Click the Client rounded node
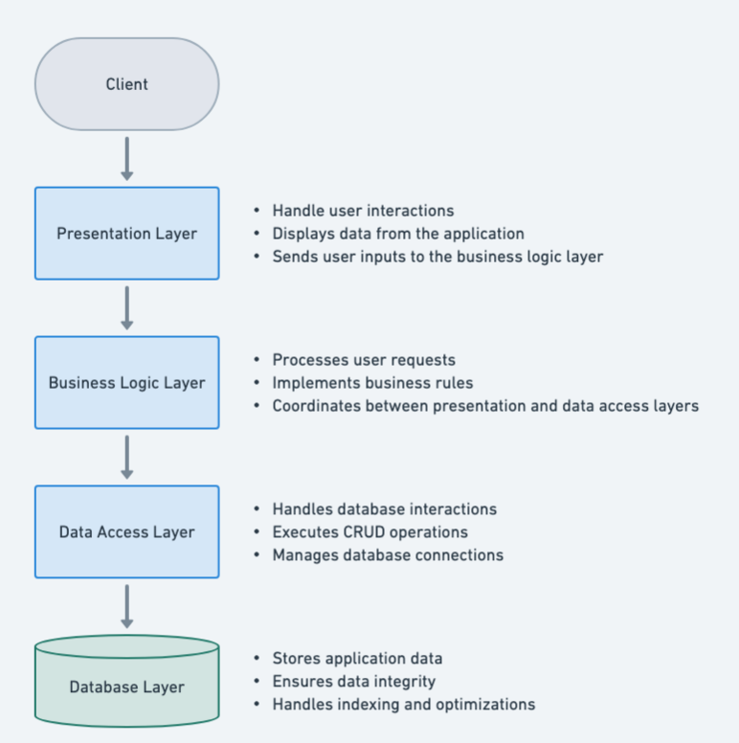126,84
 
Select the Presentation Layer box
126,234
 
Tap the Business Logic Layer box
126,383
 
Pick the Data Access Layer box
126,532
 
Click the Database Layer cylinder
126,687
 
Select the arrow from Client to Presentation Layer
126,158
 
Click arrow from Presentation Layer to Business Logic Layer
126,307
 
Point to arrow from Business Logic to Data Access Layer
126,457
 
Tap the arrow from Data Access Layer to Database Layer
126,606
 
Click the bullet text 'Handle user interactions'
363,211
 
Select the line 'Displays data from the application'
397,234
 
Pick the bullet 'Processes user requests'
364,360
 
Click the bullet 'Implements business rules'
372,383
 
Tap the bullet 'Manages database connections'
388,555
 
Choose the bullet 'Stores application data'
357,659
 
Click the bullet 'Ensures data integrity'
353,682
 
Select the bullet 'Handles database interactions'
384,509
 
